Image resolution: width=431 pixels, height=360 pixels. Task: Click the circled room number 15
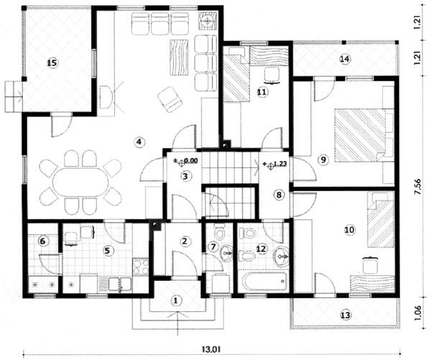tap(52, 63)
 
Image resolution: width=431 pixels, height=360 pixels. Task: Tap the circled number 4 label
tap(139, 142)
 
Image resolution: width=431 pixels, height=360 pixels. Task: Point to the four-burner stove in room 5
tap(141, 267)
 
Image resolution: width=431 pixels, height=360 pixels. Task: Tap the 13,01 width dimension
tap(210, 349)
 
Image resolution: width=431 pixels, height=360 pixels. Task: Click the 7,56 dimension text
tap(417, 188)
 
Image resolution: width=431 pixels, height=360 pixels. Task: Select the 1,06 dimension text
tap(417, 313)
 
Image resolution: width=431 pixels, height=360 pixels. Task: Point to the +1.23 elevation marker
tap(275, 165)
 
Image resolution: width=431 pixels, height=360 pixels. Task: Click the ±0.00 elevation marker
tap(186, 161)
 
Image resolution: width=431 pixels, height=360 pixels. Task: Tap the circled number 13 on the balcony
tap(346, 315)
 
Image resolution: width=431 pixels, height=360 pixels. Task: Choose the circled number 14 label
tap(345, 59)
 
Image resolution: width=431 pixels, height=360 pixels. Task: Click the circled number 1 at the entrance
tap(176, 300)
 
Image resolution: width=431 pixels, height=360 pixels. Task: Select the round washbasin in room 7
tap(226, 252)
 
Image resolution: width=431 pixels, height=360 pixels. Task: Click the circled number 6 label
tap(42, 241)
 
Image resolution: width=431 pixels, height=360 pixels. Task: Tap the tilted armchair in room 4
tap(170, 99)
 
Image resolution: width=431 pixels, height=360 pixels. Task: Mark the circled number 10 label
tap(350, 229)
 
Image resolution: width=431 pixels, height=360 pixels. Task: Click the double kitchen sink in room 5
tap(120, 284)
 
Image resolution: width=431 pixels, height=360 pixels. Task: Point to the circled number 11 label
tap(262, 92)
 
